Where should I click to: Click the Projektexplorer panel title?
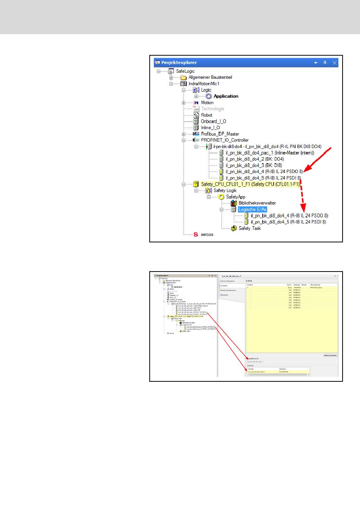click(179, 63)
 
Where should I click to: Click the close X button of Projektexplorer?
click(335, 63)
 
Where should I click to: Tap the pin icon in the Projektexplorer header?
click(325, 63)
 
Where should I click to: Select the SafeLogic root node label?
click(185, 71)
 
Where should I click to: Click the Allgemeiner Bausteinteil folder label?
click(210, 77)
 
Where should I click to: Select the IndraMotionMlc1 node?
click(204, 84)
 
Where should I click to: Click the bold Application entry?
click(226, 96)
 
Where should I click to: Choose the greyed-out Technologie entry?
click(213, 109)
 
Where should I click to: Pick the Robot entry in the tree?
click(207, 115)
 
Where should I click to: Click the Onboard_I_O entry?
click(213, 121)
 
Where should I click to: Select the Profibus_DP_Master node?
click(220, 134)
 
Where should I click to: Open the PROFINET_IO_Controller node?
click(225, 140)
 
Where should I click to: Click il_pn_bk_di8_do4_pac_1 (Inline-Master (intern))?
click(270, 153)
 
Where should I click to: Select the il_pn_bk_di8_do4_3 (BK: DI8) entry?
click(254, 165)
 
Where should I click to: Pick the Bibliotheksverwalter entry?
click(257, 203)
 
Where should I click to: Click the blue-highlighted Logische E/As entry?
click(252, 209)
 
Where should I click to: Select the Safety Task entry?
click(249, 228)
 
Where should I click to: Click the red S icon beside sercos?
click(196, 234)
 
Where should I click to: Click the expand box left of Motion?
click(183, 103)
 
